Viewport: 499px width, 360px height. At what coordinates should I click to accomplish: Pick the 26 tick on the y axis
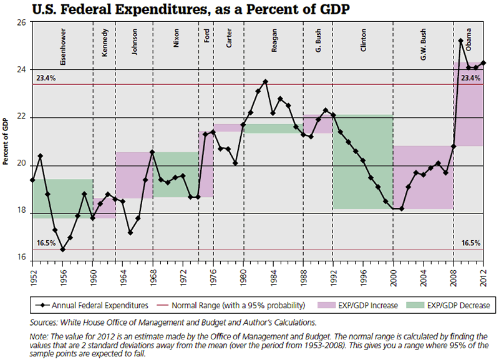(22, 22)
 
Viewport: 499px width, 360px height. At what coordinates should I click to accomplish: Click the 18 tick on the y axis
(22, 213)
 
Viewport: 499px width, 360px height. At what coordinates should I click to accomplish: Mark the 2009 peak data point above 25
(460, 41)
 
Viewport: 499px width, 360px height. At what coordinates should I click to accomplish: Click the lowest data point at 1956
(62, 250)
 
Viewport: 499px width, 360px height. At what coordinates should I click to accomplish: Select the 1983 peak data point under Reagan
(266, 82)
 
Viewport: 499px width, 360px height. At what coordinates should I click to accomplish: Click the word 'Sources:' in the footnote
(44, 322)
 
